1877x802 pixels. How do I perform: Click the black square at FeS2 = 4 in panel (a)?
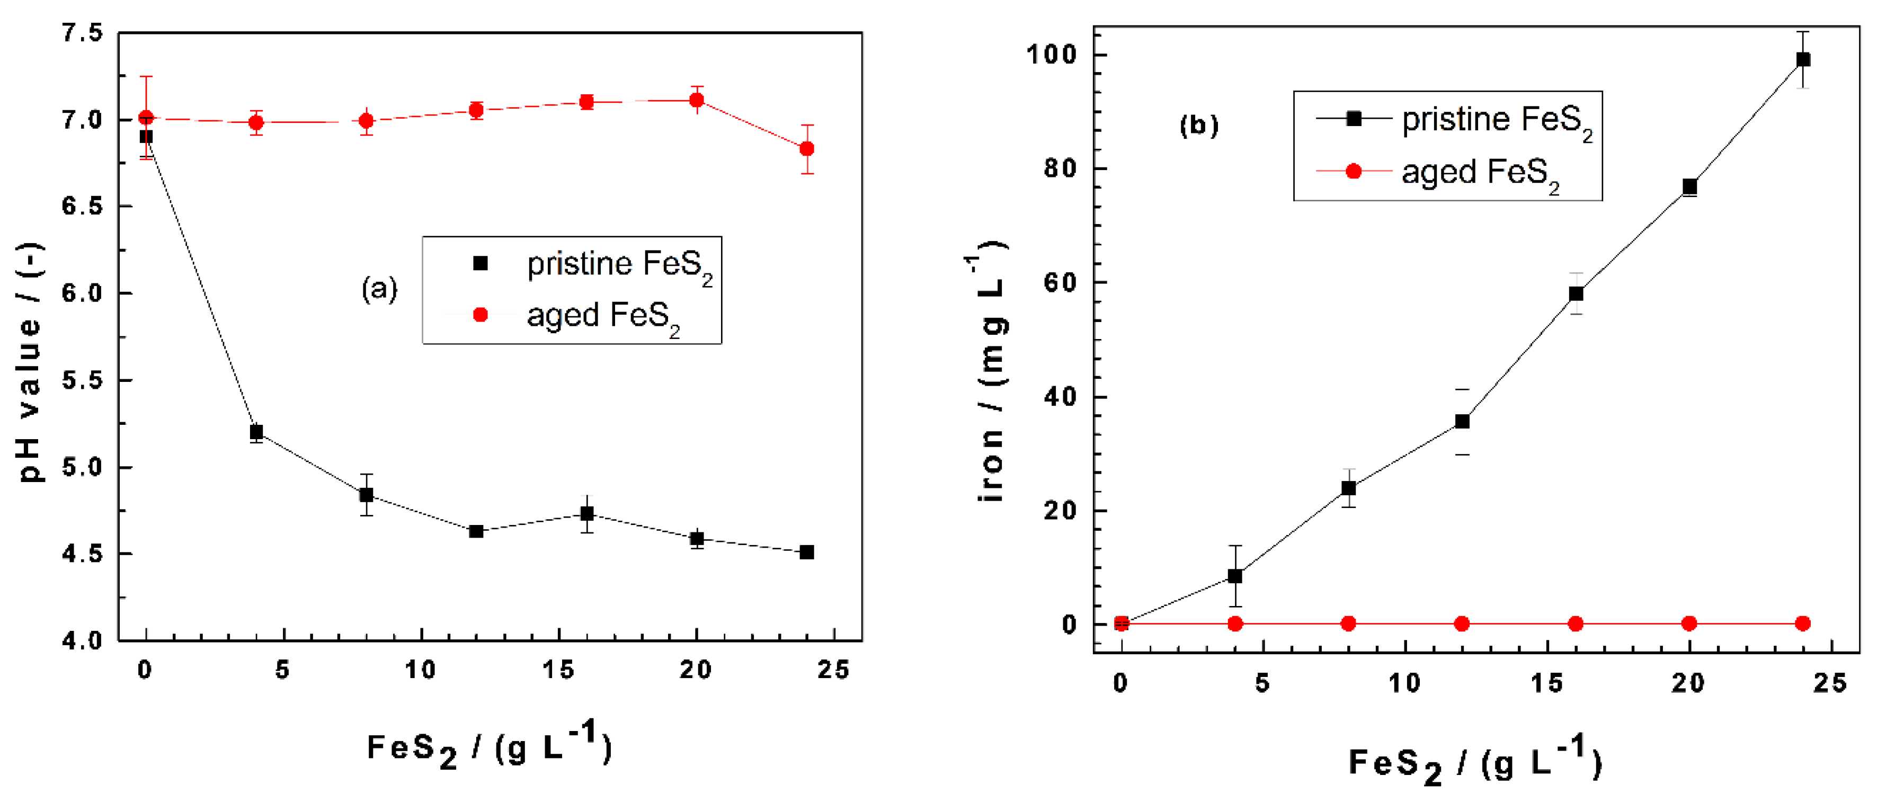[x=256, y=432]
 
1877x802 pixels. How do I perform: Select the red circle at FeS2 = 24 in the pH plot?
[x=807, y=149]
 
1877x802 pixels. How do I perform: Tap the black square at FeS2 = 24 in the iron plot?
[x=1803, y=60]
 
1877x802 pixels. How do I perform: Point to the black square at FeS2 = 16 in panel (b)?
[x=1576, y=293]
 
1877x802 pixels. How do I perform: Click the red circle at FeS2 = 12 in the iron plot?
[x=1462, y=623]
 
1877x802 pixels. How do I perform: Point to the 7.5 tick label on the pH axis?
[x=82, y=33]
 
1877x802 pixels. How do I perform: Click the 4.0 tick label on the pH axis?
[x=82, y=641]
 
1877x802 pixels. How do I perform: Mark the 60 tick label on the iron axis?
[x=1060, y=283]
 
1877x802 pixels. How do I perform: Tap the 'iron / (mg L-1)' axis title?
[x=991, y=371]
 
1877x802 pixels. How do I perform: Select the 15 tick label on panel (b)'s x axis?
[x=1545, y=683]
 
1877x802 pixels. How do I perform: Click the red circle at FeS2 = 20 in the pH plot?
[x=697, y=100]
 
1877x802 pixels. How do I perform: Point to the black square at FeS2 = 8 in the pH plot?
[x=367, y=495]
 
